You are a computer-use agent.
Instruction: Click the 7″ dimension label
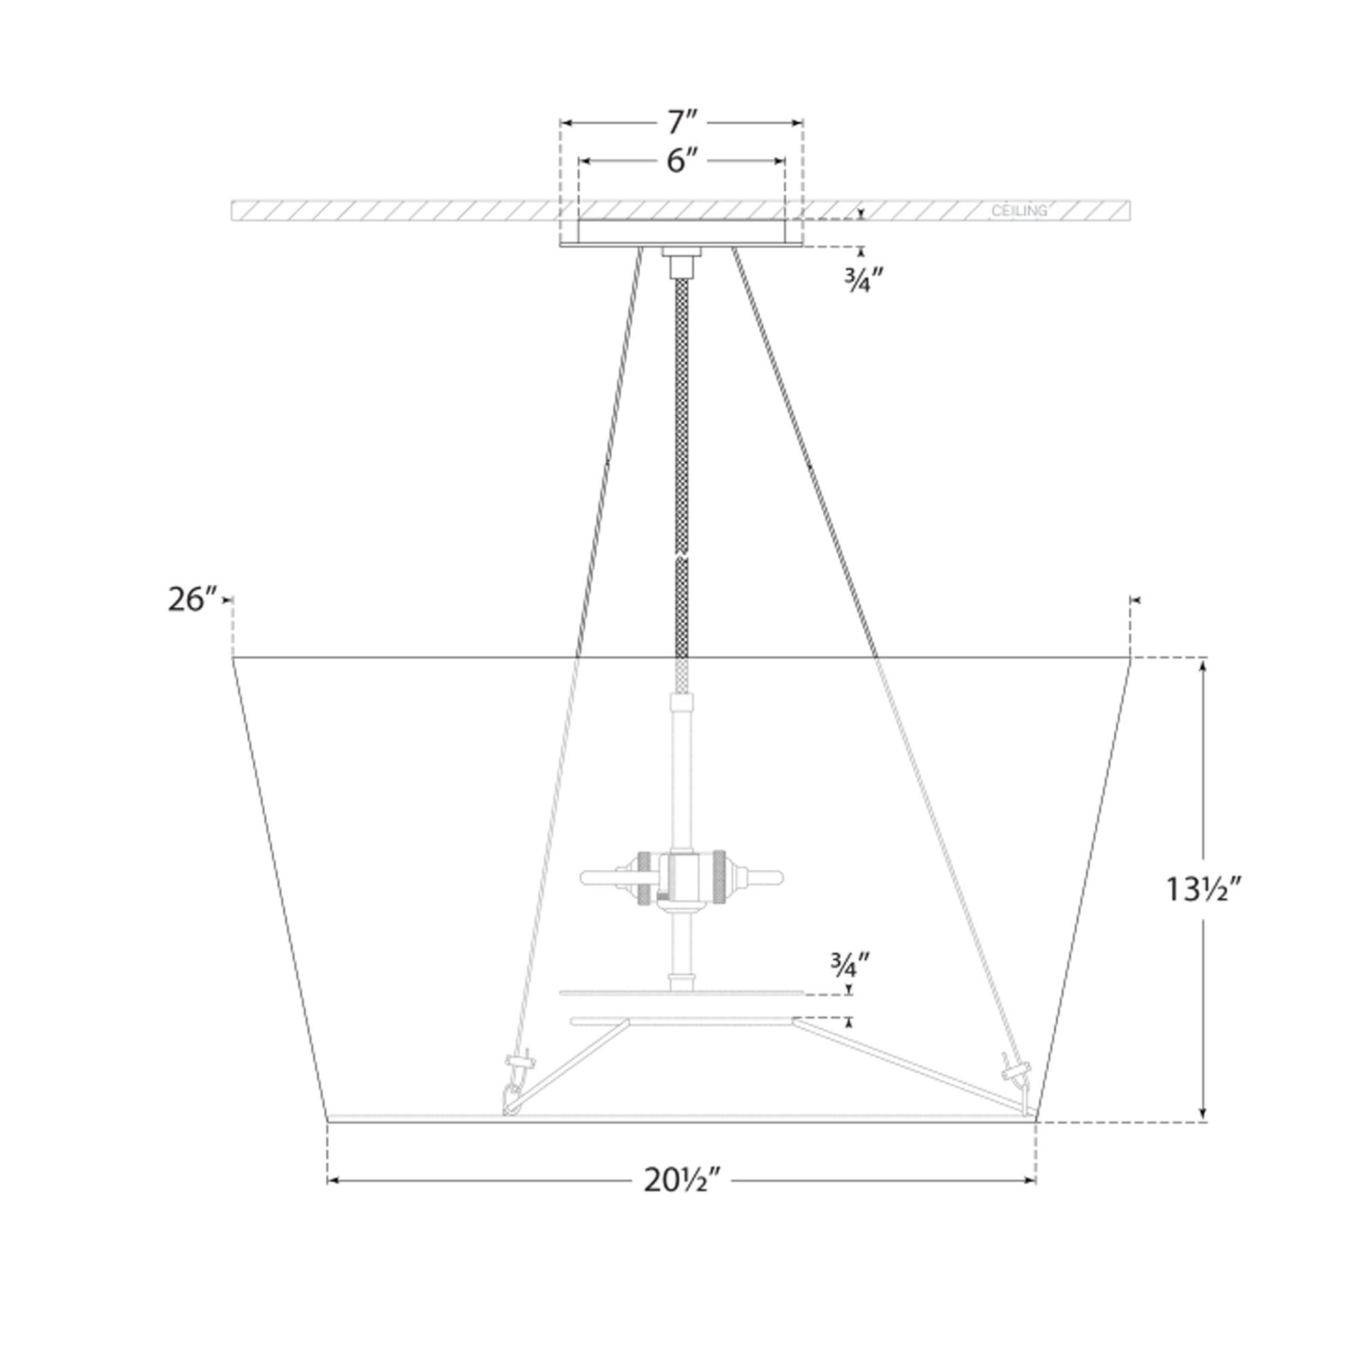(681, 124)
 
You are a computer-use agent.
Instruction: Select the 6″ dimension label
(681, 162)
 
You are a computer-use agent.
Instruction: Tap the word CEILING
(1019, 210)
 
